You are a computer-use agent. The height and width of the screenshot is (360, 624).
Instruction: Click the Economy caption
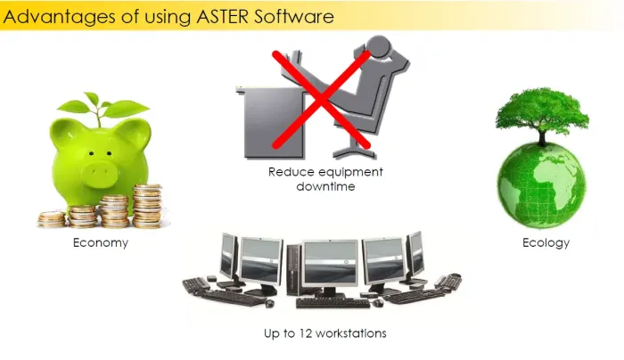tap(101, 242)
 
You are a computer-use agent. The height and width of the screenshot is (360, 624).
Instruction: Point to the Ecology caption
tap(546, 242)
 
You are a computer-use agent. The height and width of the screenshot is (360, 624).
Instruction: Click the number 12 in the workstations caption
tap(313, 333)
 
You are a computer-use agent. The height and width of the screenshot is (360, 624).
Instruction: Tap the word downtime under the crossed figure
tap(326, 186)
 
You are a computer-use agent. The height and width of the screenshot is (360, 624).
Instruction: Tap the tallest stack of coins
tap(147, 204)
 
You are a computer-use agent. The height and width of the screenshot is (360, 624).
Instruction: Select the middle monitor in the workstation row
tap(326, 262)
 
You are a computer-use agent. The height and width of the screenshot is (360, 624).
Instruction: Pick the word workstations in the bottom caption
tap(355, 333)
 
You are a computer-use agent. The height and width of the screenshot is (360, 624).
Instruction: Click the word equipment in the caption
tap(350, 171)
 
